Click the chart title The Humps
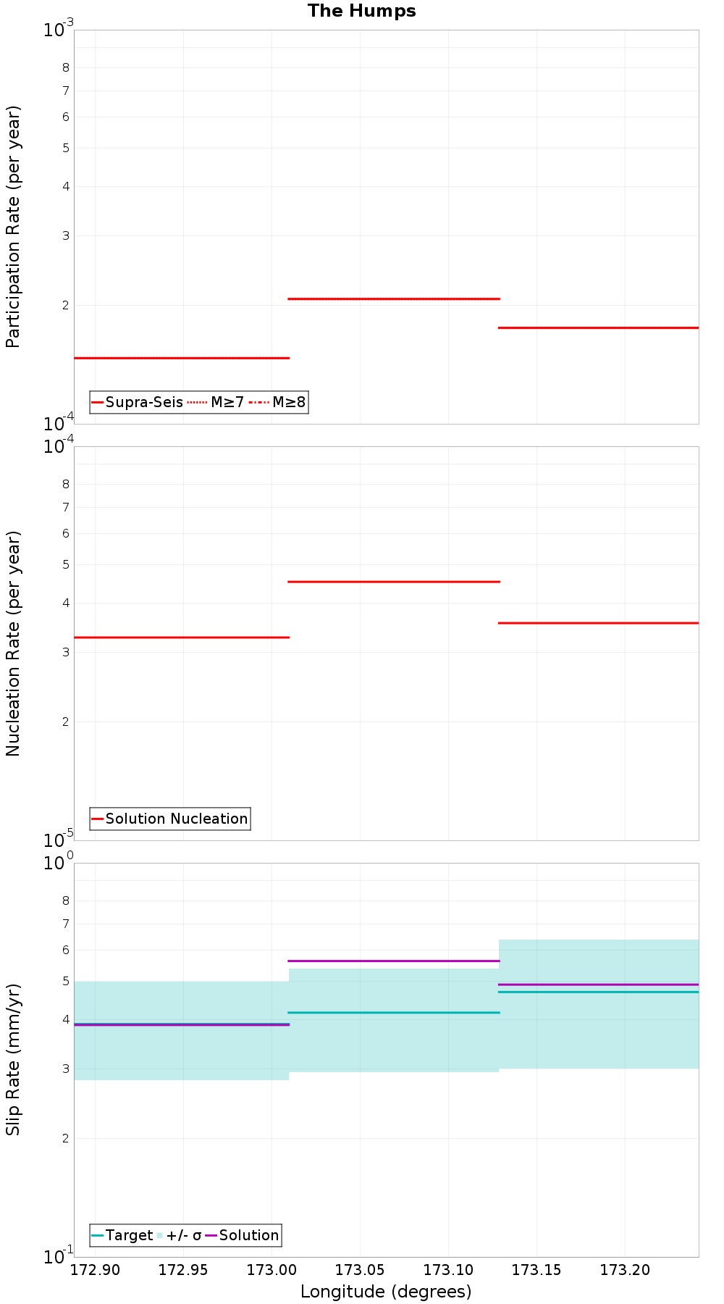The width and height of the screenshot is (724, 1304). pos(361,11)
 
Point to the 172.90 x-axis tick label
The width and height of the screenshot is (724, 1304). pos(94,1270)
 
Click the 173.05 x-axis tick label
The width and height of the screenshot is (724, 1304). pos(360,1270)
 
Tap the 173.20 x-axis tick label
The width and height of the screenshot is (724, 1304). pos(625,1270)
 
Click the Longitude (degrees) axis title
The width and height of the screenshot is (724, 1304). pos(386,1292)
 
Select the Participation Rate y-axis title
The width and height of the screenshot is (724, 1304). pos(13,227)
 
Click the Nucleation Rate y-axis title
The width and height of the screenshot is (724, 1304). pos(13,643)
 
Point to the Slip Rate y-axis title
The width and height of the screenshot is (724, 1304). pos(13,1060)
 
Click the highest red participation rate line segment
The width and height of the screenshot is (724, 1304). pos(394,298)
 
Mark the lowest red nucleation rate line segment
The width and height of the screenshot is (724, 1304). pos(181,638)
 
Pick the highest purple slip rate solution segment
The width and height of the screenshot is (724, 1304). pos(394,961)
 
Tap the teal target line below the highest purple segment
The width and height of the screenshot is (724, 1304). pos(394,1012)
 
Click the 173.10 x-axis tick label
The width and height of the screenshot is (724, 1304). pos(448,1270)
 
